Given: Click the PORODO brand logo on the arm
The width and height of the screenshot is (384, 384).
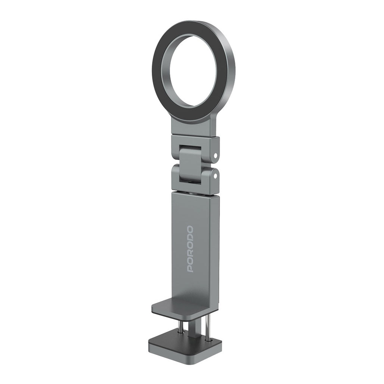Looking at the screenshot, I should (x=191, y=248).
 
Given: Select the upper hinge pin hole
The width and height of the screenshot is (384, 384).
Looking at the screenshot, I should (x=216, y=155).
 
